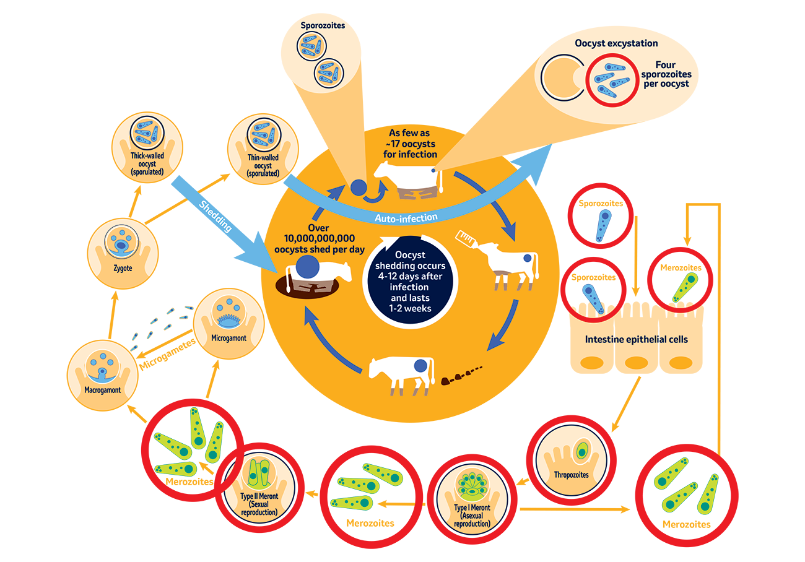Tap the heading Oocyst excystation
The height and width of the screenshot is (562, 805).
pyautogui.click(x=616, y=43)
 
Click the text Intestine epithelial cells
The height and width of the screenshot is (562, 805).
pyautogui.click(x=637, y=339)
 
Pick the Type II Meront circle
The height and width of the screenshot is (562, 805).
pyautogui.click(x=258, y=490)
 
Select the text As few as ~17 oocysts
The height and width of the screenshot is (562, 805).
pyautogui.click(x=413, y=144)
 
